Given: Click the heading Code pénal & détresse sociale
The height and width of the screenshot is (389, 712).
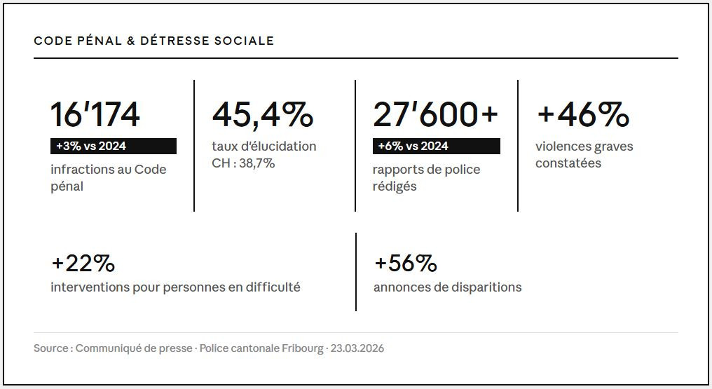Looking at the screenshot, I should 153,41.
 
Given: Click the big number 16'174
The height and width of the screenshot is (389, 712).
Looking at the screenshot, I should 95,114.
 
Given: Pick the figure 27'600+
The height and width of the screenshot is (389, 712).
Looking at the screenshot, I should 435,114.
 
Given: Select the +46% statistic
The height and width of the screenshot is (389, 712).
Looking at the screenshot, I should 582,114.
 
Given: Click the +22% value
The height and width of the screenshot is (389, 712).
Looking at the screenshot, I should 83,264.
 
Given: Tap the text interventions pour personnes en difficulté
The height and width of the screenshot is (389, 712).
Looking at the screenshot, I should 175,287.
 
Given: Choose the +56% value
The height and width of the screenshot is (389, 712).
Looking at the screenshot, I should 406,264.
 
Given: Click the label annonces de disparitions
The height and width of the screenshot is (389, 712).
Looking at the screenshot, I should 447,287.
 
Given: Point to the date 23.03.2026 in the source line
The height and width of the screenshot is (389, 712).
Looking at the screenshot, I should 357,348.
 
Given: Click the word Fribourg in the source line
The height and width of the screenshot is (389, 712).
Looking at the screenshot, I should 302,348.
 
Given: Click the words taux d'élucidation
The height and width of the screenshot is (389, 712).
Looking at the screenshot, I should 263,146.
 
